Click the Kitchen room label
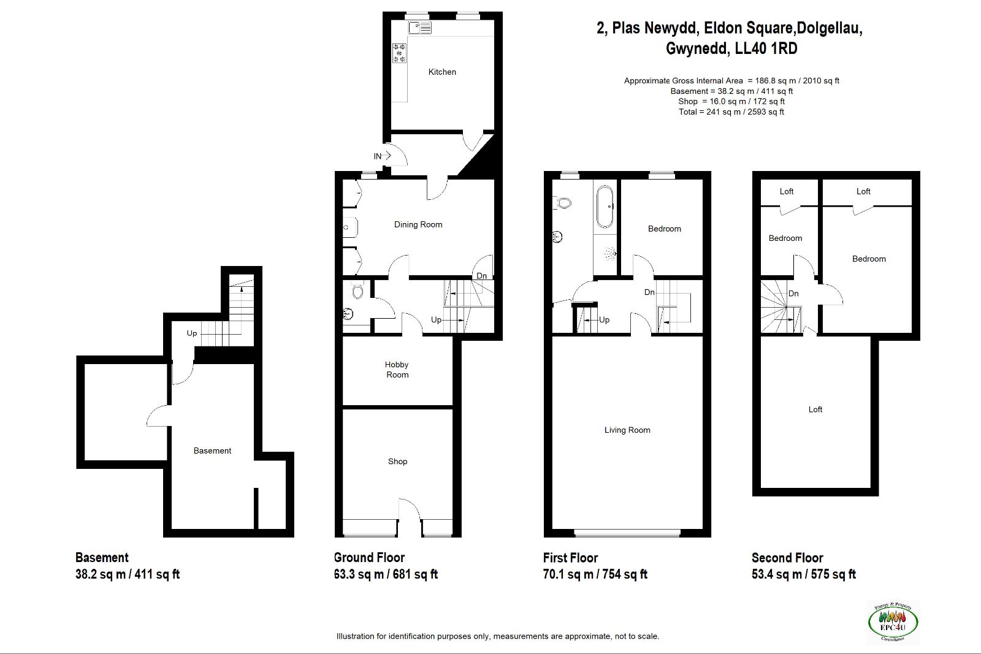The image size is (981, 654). tap(442, 72)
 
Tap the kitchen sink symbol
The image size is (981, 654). tap(420, 28)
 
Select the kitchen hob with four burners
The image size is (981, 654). tap(399, 53)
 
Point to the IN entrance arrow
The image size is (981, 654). tap(386, 156)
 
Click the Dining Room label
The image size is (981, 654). tap(418, 224)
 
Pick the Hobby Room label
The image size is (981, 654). tap(397, 370)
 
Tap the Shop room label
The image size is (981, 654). tap(398, 462)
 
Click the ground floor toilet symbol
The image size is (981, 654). tap(357, 291)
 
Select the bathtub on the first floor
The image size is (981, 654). tap(605, 207)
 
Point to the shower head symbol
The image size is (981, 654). tap(610, 254)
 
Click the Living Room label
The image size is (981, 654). tap(627, 430)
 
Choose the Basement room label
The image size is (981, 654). tap(212, 451)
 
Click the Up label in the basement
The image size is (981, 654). tap(192, 333)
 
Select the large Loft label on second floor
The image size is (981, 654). tap(815, 409)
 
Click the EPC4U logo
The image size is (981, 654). tap(893, 622)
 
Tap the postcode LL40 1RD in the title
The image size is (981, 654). tap(766, 48)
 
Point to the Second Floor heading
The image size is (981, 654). tap(787, 558)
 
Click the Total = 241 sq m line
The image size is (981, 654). tap(731, 112)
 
